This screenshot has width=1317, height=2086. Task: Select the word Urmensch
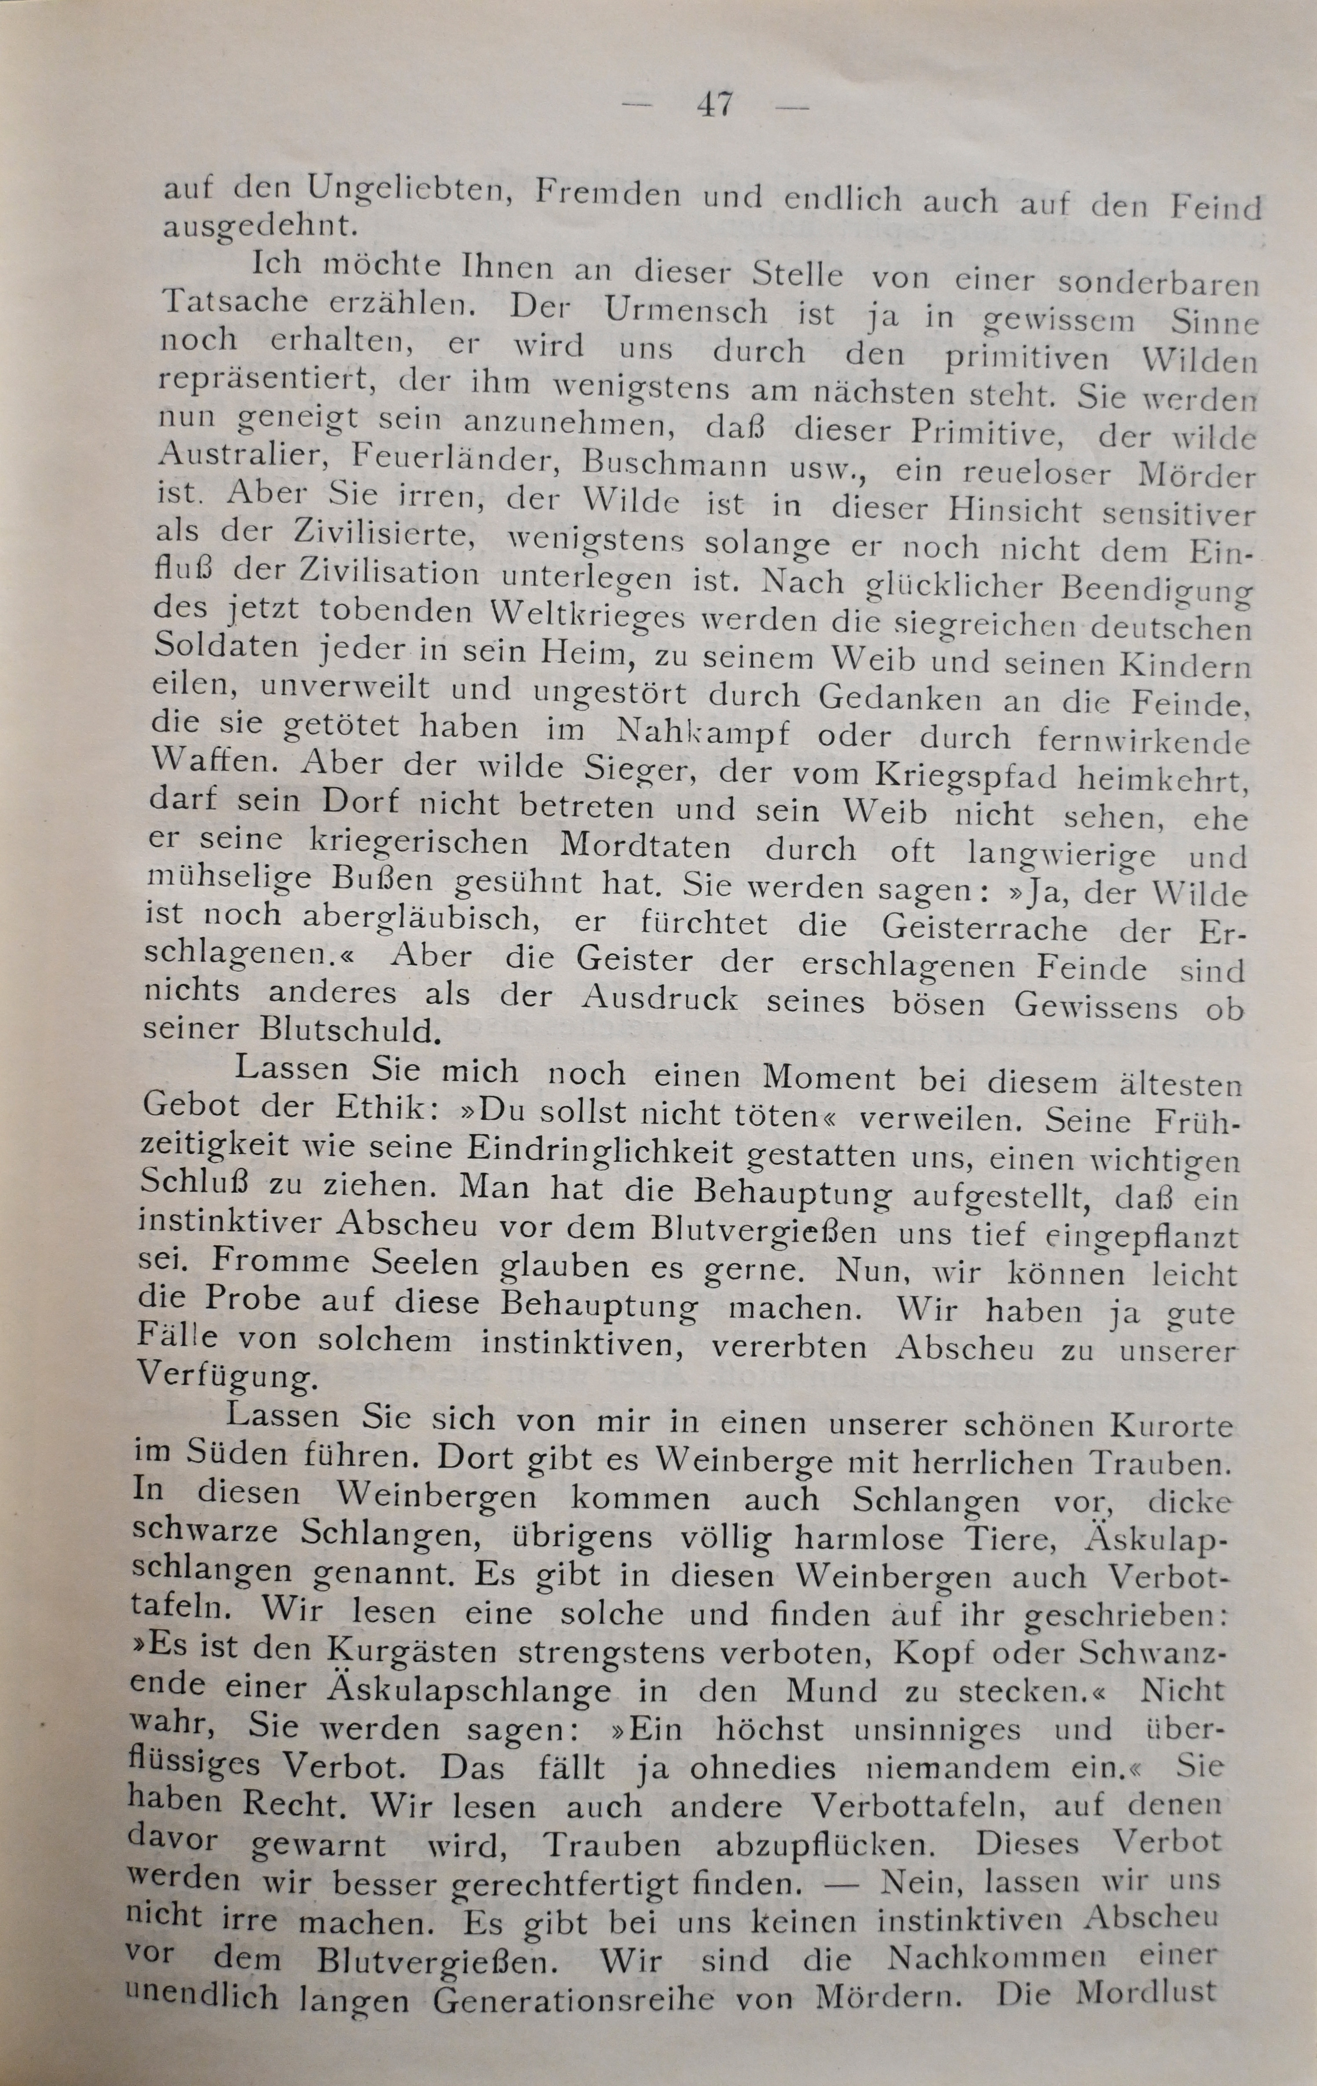pos(686,310)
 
